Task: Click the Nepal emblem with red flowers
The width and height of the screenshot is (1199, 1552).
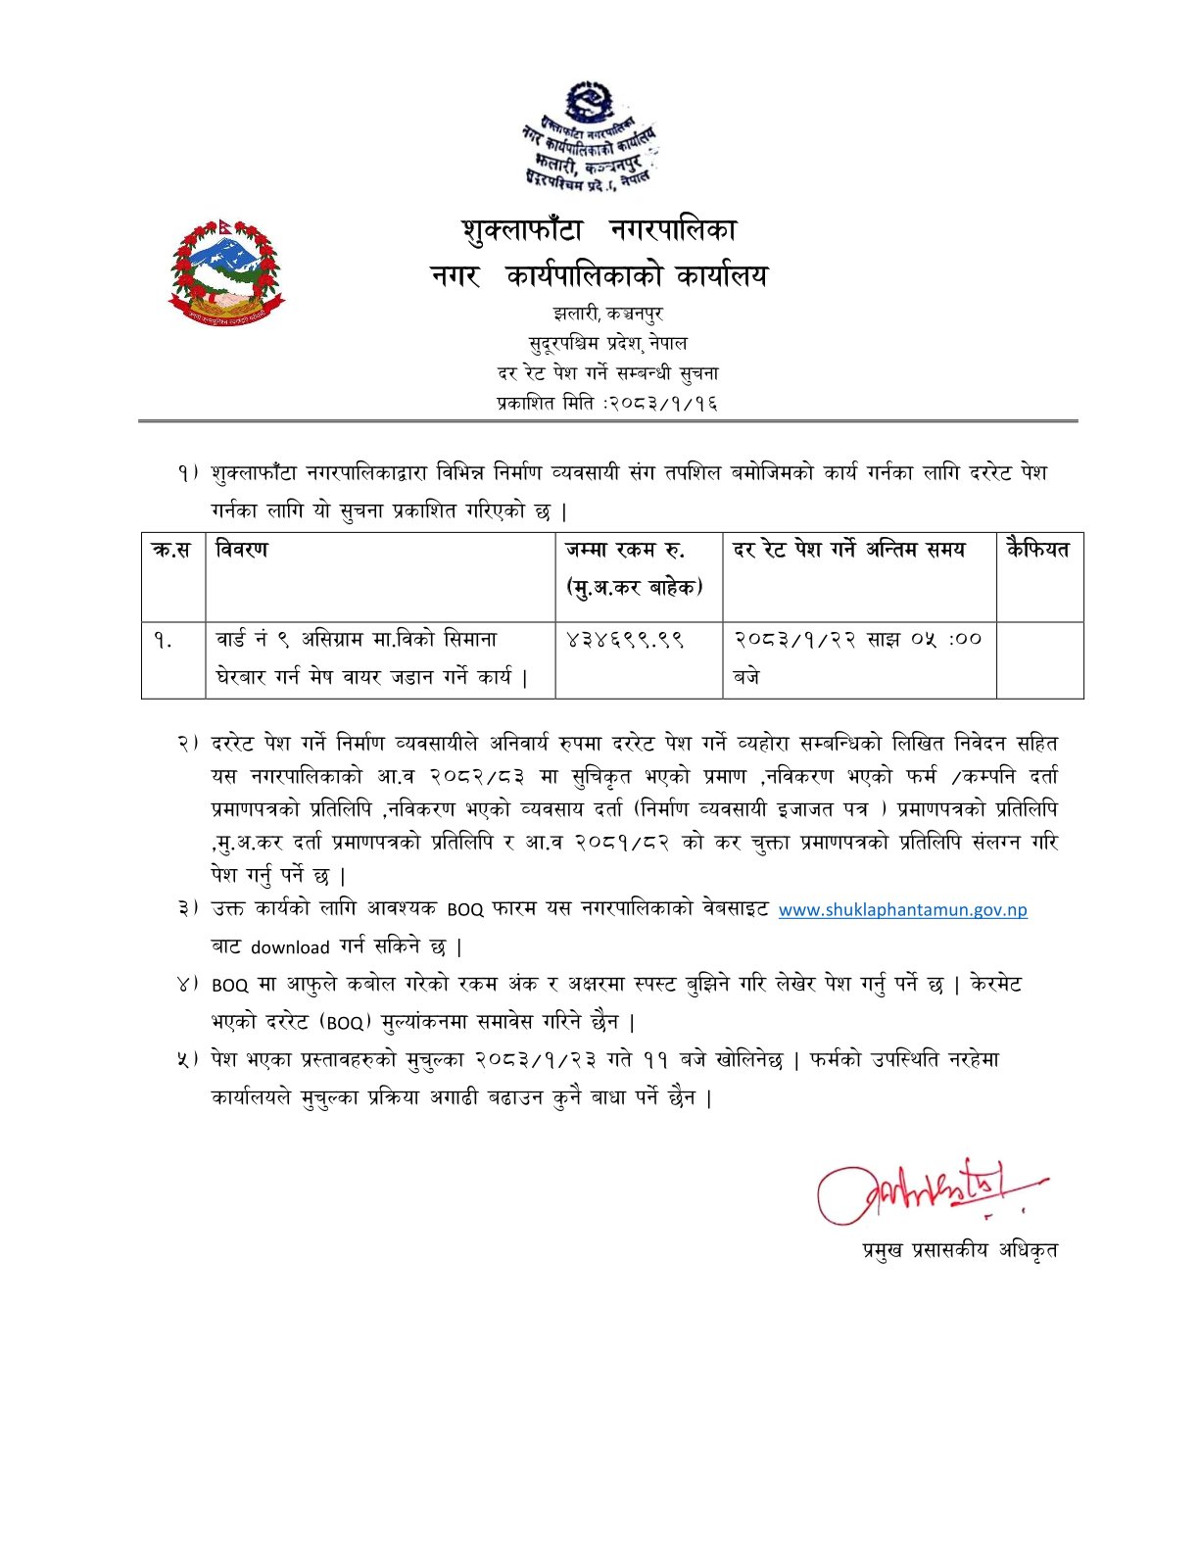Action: point(226,272)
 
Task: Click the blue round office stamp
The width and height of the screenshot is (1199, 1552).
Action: point(589,138)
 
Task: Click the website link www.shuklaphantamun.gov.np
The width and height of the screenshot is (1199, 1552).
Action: point(902,909)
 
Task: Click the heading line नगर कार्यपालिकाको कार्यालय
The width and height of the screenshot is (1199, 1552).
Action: point(599,277)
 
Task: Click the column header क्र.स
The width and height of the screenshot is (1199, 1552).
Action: point(171,551)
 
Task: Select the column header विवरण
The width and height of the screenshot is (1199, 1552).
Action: point(242,550)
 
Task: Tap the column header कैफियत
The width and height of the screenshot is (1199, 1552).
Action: point(1037,550)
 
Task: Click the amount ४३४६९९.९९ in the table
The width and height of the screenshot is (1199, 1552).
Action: point(625,640)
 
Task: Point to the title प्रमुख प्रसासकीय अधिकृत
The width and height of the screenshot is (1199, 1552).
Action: point(959,1250)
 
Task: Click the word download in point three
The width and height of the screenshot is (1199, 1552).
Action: point(290,947)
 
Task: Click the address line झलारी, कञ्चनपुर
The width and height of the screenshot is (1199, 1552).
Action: point(607,315)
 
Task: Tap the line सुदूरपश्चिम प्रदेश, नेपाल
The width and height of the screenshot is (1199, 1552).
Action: point(607,344)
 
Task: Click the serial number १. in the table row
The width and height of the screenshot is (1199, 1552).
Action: point(163,641)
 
